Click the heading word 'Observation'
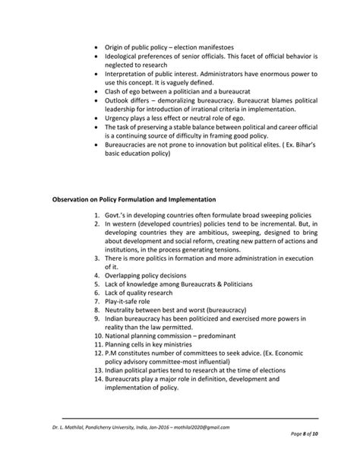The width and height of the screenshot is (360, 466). (x=73, y=200)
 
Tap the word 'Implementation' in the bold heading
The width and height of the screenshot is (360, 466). (x=191, y=200)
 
